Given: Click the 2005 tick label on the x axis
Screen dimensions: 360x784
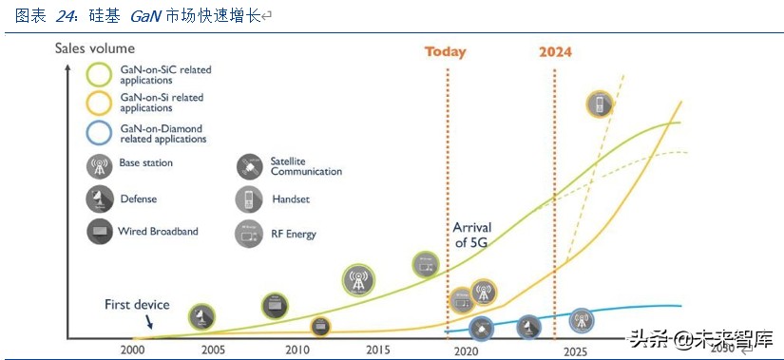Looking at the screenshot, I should pyautogui.click(x=213, y=351).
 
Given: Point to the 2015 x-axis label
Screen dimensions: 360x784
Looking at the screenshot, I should pyautogui.click(x=378, y=351).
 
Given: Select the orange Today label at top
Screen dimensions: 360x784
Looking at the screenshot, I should pyautogui.click(x=446, y=51).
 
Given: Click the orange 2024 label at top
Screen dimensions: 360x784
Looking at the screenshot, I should pyautogui.click(x=555, y=51).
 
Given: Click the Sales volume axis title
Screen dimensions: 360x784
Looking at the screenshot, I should pyautogui.click(x=94, y=47).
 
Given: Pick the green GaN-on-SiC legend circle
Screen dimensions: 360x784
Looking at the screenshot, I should pyautogui.click(x=100, y=75).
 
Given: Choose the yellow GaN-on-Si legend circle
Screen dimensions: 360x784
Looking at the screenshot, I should pyautogui.click(x=100, y=103).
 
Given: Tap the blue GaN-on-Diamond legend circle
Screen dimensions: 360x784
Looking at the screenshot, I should pyautogui.click(x=100, y=133).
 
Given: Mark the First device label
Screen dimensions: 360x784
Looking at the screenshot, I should pyautogui.click(x=137, y=305).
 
